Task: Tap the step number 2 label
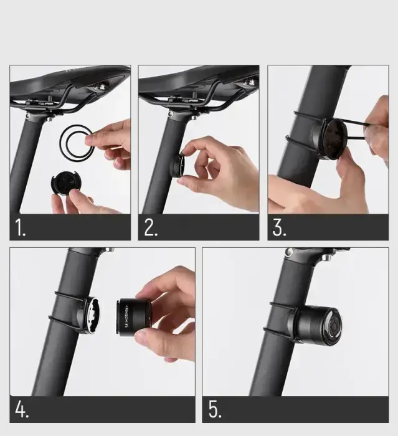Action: tap(150, 228)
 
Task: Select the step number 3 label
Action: tap(279, 228)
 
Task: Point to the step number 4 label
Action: tap(21, 410)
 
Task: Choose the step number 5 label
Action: tap(214, 410)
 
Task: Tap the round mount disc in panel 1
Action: tap(65, 184)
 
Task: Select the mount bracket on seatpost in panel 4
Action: tap(87, 315)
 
